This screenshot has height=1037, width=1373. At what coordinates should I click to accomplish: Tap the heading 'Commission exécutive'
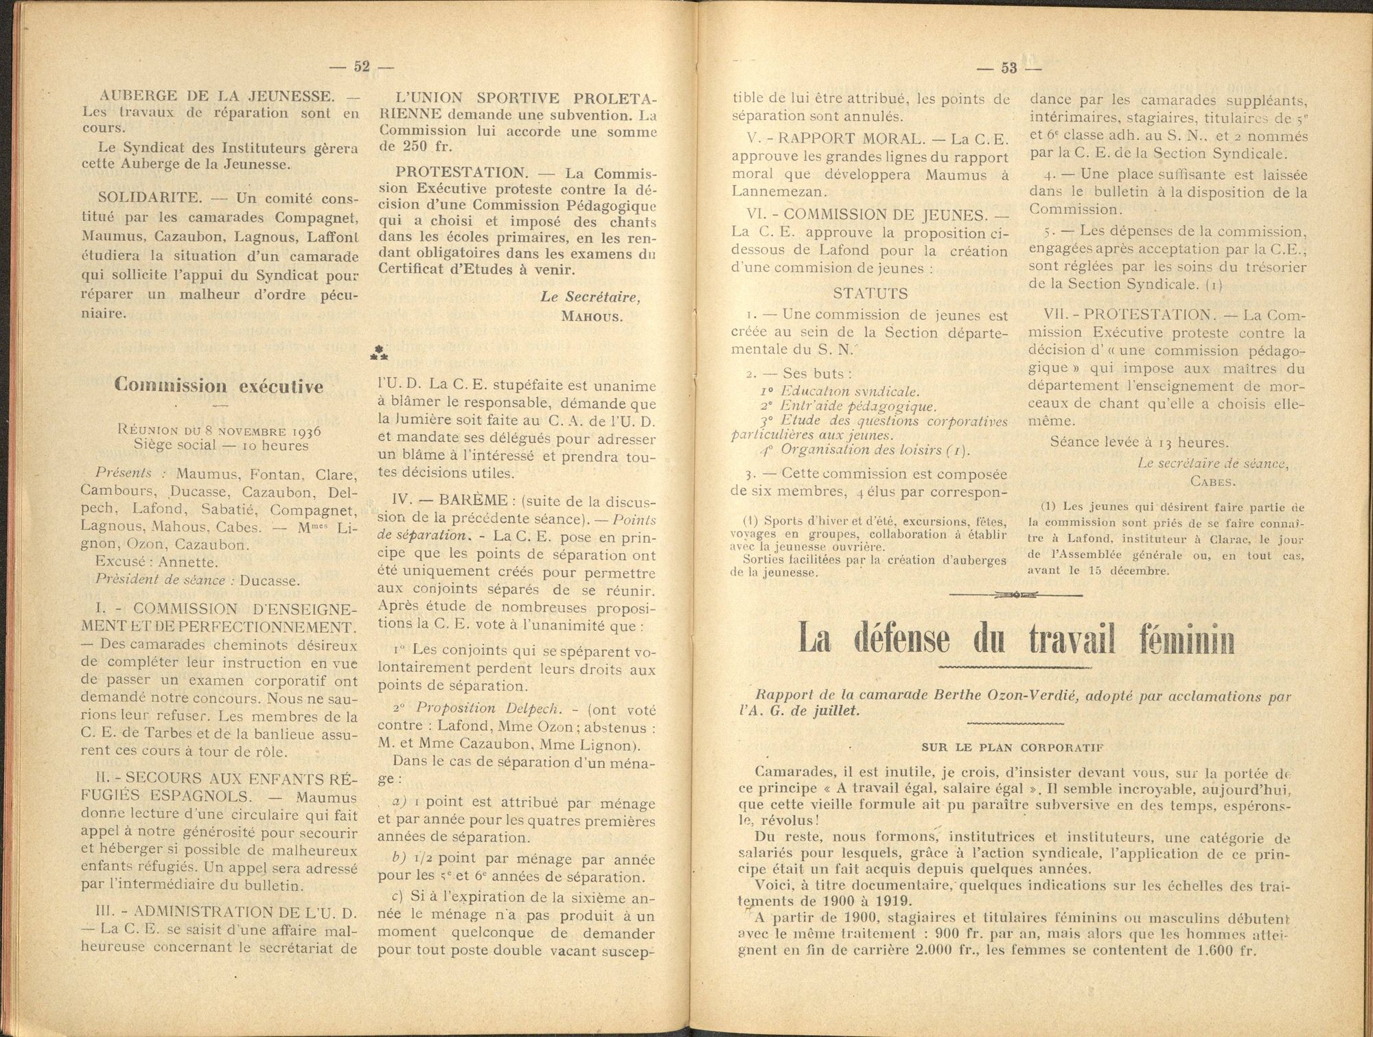219,386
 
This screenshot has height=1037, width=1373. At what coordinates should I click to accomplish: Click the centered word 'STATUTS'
870,294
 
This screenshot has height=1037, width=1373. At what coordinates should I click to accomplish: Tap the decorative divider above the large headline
1015,594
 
